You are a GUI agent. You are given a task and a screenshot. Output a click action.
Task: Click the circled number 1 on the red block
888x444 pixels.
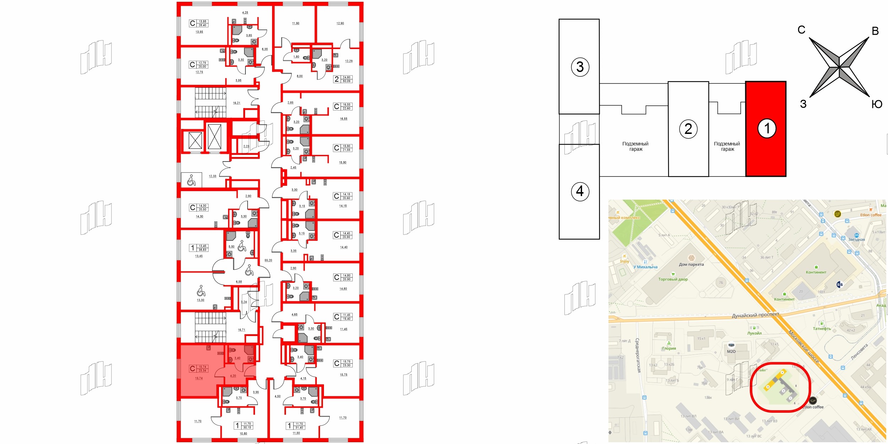767,128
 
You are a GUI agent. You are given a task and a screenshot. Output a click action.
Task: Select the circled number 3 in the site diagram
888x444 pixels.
580,67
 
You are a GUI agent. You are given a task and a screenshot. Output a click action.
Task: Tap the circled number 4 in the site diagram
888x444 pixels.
580,191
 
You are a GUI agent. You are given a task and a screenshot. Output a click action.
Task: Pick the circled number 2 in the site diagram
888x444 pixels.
688,129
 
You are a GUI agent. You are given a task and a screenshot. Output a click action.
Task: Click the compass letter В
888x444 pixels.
875,31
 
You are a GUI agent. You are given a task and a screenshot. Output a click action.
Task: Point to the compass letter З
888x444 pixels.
803,104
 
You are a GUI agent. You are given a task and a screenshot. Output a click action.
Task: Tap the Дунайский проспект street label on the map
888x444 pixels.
755,315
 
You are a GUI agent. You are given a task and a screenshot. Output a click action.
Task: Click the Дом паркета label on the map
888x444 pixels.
691,264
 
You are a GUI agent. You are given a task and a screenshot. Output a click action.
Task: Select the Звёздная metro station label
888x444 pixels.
856,239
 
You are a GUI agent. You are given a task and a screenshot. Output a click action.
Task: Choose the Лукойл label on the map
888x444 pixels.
754,333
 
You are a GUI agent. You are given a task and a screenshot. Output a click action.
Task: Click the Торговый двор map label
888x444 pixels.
673,279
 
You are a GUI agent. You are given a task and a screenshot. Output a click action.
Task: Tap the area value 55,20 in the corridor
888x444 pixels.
268,260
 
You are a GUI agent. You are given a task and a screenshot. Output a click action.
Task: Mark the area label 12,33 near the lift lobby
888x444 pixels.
212,176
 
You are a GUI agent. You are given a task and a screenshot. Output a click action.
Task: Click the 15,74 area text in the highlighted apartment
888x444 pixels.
199,378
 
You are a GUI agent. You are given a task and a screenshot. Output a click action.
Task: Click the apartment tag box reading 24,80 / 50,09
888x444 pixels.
346,79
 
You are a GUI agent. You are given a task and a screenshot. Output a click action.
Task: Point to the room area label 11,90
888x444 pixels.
296,23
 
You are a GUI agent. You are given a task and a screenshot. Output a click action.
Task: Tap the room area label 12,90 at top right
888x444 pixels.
340,23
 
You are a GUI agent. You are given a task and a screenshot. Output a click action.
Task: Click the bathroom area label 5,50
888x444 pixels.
231,247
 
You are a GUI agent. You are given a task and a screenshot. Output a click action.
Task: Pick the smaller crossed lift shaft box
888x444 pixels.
195,140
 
